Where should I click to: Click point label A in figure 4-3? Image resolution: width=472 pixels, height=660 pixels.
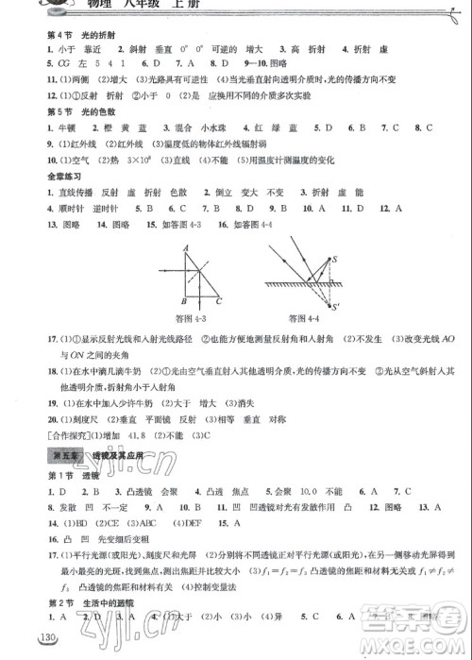coord(187,247)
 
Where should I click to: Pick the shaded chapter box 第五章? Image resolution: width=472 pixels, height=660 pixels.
coord(62,456)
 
